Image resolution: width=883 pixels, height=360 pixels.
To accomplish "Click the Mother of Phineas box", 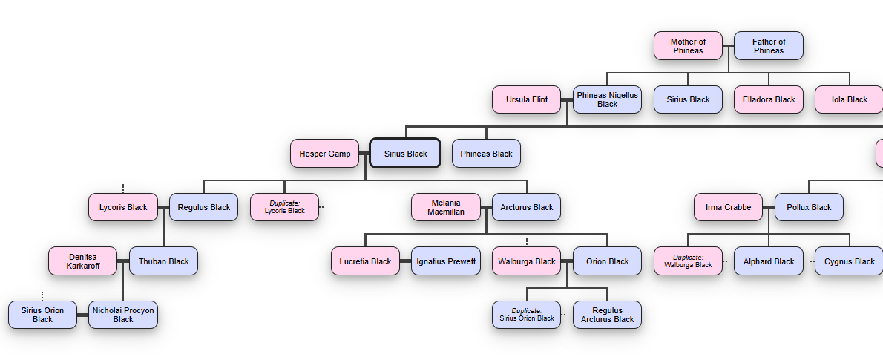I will [x=688, y=46].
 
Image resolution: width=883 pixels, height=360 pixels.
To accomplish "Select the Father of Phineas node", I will [x=769, y=46].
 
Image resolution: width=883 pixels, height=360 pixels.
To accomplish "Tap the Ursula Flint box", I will [x=527, y=99].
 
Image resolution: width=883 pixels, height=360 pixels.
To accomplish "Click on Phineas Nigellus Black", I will [x=607, y=99].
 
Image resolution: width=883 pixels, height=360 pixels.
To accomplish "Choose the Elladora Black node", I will [x=769, y=99].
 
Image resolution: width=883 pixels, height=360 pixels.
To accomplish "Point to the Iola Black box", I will [x=849, y=99].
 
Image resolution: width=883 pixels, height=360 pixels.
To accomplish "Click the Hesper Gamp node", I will [x=325, y=154].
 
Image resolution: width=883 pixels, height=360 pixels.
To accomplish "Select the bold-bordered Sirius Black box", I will [x=405, y=154].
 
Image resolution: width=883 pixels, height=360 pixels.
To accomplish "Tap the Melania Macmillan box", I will [x=446, y=207].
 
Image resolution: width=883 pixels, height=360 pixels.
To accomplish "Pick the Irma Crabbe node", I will [x=728, y=207].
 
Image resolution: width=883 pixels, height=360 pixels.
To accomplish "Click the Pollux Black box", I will [x=809, y=207].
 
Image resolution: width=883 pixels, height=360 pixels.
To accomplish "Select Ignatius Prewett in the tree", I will [x=446, y=261].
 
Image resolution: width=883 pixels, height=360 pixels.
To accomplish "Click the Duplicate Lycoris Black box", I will [x=284, y=207].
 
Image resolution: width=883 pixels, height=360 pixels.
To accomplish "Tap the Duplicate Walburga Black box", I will [x=688, y=261].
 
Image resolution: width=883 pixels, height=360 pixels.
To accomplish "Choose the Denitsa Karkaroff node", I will [x=83, y=261].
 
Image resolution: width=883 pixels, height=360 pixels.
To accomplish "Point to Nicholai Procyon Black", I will [x=123, y=315].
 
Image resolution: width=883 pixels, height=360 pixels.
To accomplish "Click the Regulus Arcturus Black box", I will [x=607, y=315].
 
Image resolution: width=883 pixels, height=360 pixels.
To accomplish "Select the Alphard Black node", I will [x=769, y=261].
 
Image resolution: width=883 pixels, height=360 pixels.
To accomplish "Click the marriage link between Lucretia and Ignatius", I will [x=405, y=261].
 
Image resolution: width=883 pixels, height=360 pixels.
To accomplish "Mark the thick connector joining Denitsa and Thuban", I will [x=123, y=261].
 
